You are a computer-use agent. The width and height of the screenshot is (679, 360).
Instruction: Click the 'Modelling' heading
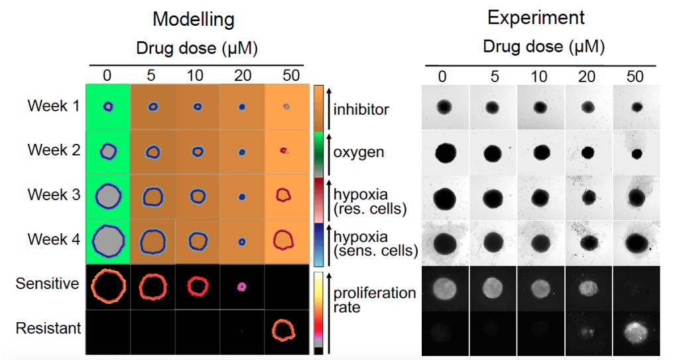pos(194,20)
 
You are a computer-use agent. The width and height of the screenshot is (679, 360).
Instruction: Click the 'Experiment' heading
pos(536,18)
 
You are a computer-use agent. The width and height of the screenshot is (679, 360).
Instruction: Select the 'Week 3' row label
pos(54,194)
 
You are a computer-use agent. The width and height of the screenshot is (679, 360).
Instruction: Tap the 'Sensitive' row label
pos(48,283)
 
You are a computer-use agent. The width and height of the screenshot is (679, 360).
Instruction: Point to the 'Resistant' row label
pos(48,328)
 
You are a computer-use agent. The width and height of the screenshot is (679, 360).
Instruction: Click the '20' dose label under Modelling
pos(243,76)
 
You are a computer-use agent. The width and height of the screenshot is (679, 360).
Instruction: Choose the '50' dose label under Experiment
pos(635,77)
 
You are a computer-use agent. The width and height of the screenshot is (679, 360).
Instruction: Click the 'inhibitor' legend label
pos(361,109)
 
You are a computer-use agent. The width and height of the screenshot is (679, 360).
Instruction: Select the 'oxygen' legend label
pos(359,152)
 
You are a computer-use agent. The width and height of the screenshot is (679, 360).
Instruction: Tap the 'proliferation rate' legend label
pos(375,300)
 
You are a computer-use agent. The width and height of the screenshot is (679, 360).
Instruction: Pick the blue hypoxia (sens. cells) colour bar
pos(318,245)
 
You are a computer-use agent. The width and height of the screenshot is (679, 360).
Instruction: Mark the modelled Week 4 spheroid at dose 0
pos(108,241)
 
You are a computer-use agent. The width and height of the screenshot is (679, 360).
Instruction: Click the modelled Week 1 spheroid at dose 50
pos(286,107)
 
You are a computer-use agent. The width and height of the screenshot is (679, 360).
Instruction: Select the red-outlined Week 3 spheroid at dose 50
pos(283,195)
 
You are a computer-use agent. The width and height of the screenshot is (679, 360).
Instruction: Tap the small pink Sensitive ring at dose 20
pos(241,287)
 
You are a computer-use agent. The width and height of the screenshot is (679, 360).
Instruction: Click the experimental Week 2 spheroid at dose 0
pos(445,152)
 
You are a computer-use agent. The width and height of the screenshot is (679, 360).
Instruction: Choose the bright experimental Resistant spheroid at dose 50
pos(636,332)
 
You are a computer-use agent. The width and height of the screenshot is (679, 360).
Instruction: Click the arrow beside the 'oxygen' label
pos(328,154)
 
